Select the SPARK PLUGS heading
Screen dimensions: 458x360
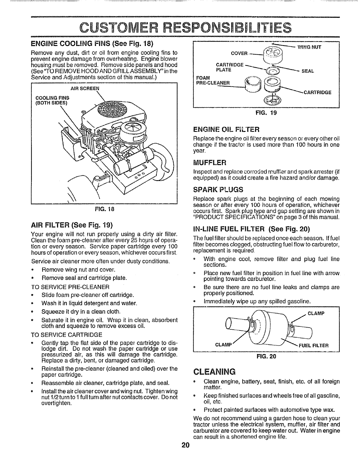218,190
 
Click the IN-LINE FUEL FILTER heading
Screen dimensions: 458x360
251,230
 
